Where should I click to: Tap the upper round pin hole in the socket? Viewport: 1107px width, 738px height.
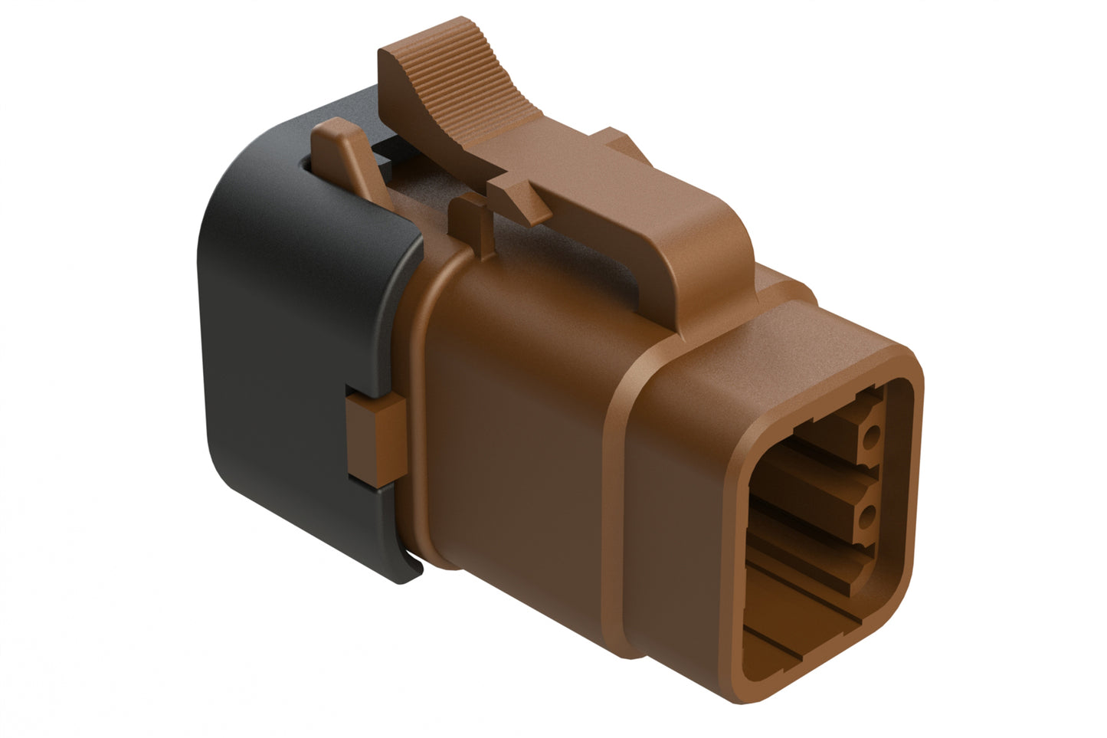870,440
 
